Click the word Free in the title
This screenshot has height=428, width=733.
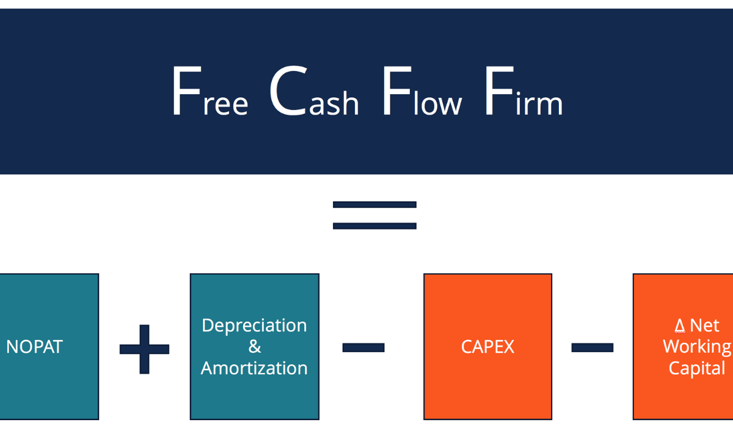tap(210, 93)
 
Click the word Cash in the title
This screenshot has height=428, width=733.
tap(313, 93)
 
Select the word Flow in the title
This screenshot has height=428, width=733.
tap(421, 93)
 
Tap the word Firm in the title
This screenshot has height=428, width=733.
tap(523, 93)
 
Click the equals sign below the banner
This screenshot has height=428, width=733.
tap(374, 215)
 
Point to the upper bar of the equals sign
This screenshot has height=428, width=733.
tap(374, 205)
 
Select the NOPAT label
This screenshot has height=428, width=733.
tap(34, 347)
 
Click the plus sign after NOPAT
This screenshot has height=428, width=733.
tap(144, 349)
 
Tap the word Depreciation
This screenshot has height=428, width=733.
tap(254, 325)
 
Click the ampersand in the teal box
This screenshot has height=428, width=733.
tap(255, 347)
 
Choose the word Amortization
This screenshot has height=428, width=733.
tap(254, 368)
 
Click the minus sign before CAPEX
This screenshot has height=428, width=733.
tap(363, 347)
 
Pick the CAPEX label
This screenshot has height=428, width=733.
tap(487, 347)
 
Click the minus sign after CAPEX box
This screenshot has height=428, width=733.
tap(592, 347)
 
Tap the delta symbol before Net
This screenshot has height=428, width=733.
tap(679, 325)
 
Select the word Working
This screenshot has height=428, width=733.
tap(696, 347)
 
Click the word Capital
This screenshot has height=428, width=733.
tap(696, 368)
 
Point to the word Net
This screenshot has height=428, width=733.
tap(704, 325)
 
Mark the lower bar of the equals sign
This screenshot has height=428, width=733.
tap(374, 226)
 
